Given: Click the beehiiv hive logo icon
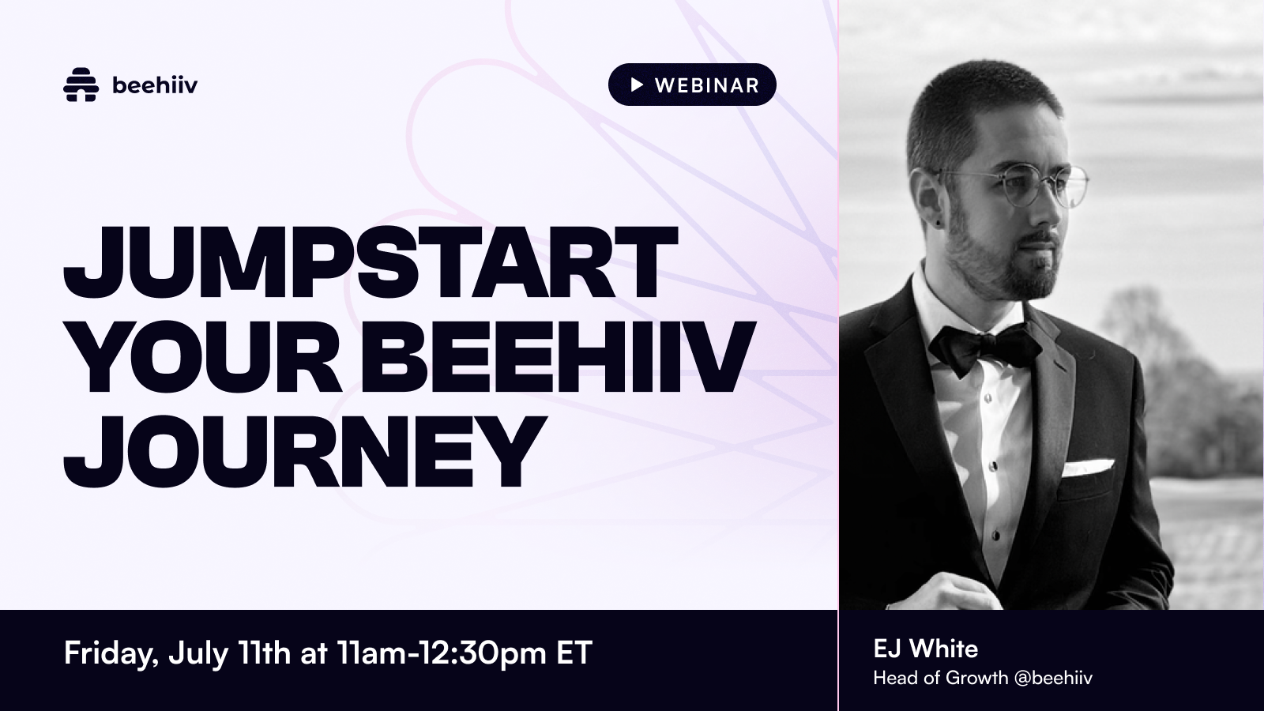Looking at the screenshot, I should tap(81, 85).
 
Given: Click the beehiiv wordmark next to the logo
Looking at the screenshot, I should tap(155, 85).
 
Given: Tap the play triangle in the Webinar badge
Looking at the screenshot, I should tap(636, 85).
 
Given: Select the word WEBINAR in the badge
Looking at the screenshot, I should tap(706, 85).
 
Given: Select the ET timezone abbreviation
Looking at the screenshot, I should tap(574, 653).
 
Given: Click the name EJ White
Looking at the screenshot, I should tap(925, 649).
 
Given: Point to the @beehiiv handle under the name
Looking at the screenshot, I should tap(1053, 678).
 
